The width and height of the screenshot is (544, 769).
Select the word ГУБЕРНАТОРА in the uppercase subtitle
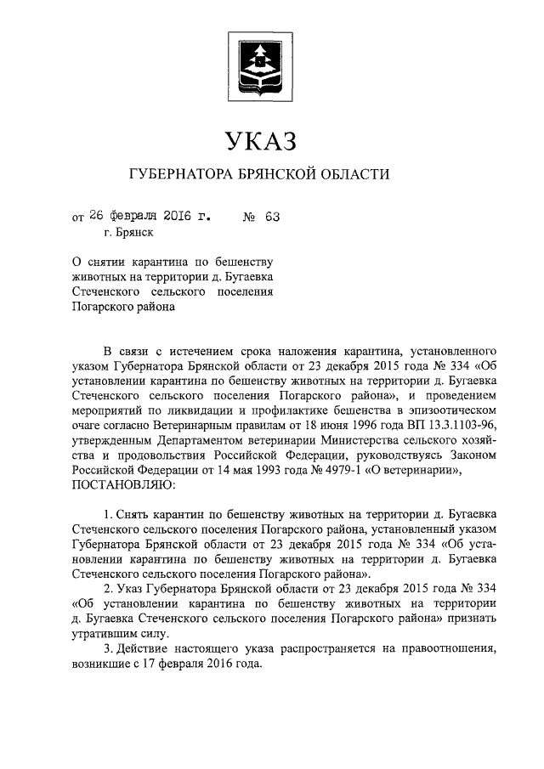pos(179,175)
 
